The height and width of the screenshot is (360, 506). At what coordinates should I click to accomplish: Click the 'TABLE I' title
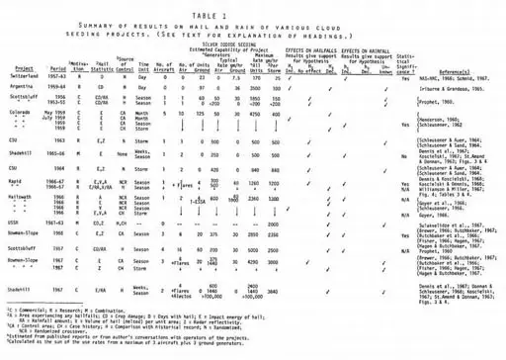tap(252, 10)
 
